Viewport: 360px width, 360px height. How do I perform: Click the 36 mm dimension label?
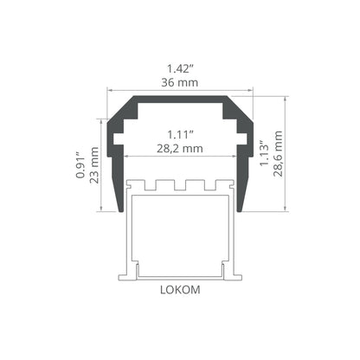point(179,83)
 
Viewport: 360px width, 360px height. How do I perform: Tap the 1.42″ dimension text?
point(180,69)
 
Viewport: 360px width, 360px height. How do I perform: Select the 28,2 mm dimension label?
point(180,149)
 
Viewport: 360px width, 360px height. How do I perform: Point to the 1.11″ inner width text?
point(180,135)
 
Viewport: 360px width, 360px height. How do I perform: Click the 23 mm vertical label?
point(94,165)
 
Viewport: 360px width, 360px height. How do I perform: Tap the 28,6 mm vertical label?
point(278,154)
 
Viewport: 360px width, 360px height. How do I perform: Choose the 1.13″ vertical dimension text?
point(264,154)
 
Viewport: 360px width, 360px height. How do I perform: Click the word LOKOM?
point(180,290)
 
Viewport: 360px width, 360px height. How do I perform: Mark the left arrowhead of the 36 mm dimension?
point(109,91)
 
